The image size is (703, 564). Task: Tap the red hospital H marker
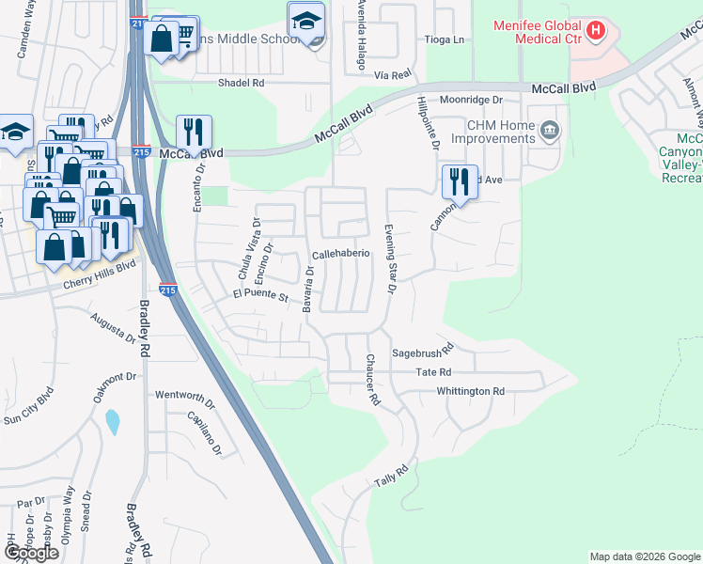(x=594, y=31)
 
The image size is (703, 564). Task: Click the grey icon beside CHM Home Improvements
(x=550, y=131)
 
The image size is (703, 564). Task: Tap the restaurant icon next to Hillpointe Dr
(x=458, y=180)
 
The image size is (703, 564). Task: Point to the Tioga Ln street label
(x=445, y=39)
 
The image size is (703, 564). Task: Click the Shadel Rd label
(x=241, y=83)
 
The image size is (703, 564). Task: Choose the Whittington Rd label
(x=471, y=391)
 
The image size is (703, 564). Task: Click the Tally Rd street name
(x=392, y=475)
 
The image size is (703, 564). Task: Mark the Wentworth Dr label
(x=185, y=394)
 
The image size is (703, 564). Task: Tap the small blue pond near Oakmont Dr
(x=113, y=422)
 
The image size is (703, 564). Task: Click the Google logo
(x=31, y=553)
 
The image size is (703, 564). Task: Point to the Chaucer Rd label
(x=372, y=379)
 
